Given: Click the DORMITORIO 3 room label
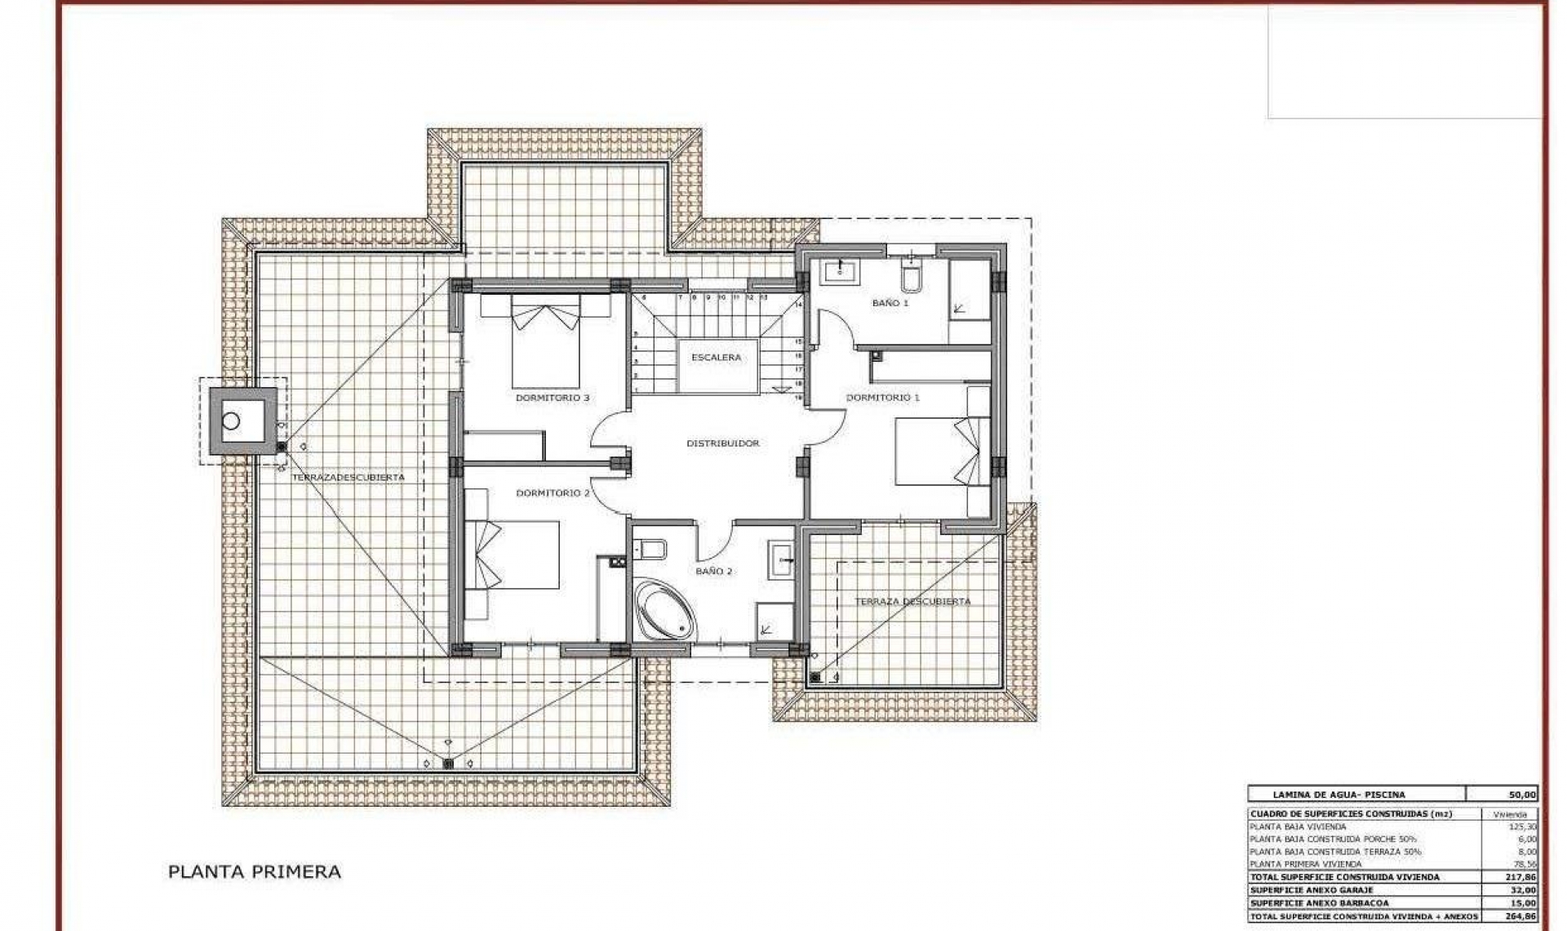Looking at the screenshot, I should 553,399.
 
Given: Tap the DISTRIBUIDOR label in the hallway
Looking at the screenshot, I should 722,443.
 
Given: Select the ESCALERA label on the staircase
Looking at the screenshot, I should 716,358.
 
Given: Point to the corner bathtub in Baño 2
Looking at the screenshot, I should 665,608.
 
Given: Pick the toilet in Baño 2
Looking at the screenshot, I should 652,548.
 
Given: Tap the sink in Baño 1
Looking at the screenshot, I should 839,272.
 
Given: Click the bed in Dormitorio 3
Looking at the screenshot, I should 546,341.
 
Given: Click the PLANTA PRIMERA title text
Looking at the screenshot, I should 254,872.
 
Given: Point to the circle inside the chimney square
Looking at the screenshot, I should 232,421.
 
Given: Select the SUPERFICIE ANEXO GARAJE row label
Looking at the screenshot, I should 1312,890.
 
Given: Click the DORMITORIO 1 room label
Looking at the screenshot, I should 882,398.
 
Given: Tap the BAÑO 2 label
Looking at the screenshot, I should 713,572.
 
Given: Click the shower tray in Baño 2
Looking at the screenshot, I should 775,621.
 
